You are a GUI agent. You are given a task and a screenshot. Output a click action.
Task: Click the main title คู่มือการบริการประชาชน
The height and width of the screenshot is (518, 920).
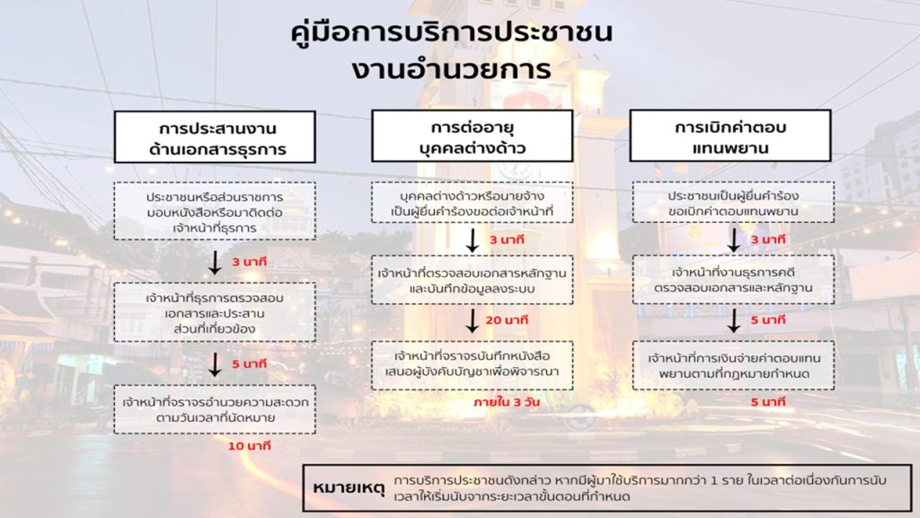(452, 32)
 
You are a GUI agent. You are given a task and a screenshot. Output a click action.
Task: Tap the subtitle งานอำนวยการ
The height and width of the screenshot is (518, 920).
(452, 70)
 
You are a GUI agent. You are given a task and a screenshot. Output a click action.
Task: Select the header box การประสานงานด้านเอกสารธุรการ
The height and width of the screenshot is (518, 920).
(215, 137)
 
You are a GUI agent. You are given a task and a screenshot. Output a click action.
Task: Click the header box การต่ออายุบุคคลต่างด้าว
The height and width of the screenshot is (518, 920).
(472, 136)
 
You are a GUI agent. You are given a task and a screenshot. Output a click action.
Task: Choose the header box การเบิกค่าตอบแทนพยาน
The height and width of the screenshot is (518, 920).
(730, 136)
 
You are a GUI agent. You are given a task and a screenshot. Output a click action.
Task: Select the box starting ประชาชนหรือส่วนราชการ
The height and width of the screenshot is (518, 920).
(215, 210)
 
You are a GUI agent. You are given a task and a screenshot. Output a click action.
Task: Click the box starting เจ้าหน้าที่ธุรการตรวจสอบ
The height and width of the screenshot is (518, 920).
(215, 311)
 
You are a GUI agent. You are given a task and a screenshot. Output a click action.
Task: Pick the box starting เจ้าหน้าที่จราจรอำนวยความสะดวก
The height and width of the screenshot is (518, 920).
(215, 409)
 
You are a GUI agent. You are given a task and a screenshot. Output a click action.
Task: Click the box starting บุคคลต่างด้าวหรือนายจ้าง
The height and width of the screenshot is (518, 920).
(472, 202)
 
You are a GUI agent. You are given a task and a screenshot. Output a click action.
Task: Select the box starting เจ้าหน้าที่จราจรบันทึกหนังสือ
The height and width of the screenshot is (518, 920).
(472, 364)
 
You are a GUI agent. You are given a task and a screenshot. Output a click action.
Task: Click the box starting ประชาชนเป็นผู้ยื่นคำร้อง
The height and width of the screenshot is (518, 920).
(732, 202)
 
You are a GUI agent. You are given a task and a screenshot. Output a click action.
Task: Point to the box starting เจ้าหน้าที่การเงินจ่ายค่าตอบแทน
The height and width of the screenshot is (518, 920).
(732, 364)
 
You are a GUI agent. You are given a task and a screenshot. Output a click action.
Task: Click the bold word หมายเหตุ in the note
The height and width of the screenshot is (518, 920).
(349, 487)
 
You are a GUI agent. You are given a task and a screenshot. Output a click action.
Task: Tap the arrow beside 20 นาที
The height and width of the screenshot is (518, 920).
(472, 321)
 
